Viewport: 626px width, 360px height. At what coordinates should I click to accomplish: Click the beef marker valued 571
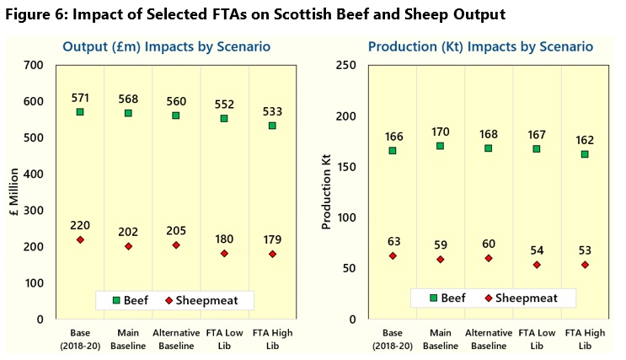(80, 111)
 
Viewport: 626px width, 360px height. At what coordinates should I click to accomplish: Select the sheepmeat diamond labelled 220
(80, 239)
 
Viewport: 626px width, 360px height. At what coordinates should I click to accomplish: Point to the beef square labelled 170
(440, 146)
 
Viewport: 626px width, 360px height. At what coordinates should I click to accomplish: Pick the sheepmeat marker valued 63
(392, 255)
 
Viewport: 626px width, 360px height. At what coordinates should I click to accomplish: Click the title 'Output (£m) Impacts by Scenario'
(166, 47)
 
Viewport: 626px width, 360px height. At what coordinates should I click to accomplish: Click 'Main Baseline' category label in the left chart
(128, 339)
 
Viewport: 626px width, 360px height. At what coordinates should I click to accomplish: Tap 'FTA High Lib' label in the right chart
(584, 339)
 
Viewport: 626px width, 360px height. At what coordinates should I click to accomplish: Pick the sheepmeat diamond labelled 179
(272, 254)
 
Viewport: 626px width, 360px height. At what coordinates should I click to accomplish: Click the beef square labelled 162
(584, 154)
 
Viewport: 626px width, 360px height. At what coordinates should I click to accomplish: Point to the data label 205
(176, 230)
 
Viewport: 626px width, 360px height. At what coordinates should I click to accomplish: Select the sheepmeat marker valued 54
(536, 265)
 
